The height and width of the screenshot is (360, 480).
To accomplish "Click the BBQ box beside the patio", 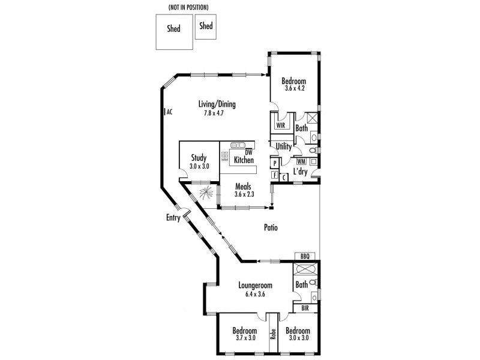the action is point(305,256).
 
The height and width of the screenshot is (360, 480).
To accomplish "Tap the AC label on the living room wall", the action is point(170,112).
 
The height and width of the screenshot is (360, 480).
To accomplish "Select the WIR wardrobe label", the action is point(281,125).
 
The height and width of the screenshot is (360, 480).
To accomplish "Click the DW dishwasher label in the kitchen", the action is point(248,152).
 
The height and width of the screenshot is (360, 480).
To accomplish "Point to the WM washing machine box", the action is point(301,161).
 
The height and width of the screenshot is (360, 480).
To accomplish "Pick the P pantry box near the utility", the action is point(275,163).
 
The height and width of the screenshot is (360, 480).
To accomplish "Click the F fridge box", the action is point(275,175).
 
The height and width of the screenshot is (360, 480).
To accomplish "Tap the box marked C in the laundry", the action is point(284,178).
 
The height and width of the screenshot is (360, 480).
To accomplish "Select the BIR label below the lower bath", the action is point(305,308).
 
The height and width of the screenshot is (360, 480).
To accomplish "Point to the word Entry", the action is point(173,218).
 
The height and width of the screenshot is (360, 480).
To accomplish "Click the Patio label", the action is point(271,227).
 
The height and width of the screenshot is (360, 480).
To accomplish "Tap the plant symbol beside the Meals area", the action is point(205,193).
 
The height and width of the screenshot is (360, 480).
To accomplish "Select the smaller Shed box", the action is point(206,26).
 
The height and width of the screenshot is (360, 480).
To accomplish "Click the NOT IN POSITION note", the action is point(188,8).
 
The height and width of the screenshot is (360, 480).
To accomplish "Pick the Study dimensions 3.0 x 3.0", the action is point(199,167).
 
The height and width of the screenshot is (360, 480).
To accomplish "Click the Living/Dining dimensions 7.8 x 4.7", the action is point(214,113).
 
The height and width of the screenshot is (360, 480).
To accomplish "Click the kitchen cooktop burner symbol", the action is point(225,156).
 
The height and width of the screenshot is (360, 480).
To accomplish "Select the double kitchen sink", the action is point(238,145).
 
